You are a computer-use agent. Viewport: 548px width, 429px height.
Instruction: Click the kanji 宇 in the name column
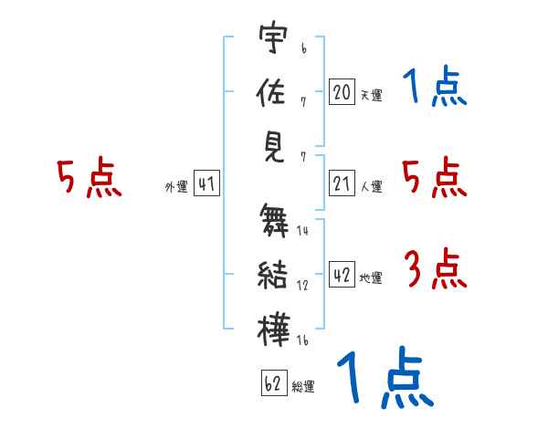(273, 37)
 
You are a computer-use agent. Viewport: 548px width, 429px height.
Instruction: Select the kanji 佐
(271, 91)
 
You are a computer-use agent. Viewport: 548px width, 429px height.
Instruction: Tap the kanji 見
(274, 148)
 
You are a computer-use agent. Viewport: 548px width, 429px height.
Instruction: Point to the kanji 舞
(274, 221)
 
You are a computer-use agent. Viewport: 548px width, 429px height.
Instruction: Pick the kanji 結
(272, 275)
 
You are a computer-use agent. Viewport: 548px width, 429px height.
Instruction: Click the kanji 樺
(274, 330)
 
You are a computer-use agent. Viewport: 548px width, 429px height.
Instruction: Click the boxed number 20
(342, 92)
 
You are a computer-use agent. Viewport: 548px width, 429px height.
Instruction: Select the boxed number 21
(342, 183)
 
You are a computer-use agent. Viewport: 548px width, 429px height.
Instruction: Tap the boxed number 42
(342, 274)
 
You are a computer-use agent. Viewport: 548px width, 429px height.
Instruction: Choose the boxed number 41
(206, 183)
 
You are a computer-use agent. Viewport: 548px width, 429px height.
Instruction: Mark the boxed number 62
(274, 382)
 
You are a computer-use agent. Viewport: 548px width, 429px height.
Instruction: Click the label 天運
(372, 95)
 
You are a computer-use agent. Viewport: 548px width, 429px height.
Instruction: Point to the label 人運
(372, 186)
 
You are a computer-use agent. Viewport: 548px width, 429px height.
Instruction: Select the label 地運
(371, 278)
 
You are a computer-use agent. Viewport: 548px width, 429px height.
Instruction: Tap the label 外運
(176, 186)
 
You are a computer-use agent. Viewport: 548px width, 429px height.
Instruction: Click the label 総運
(303, 387)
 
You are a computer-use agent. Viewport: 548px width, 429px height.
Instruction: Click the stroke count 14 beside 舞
(302, 231)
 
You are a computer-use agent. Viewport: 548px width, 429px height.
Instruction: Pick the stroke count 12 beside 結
(302, 286)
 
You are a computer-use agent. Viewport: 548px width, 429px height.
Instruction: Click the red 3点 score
(436, 268)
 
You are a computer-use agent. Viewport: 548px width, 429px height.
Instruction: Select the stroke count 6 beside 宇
(304, 48)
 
